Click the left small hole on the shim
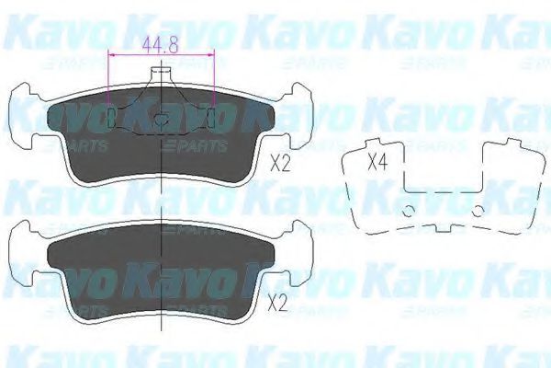(x=408, y=211)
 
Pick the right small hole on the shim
(x=478, y=211)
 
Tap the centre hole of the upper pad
(x=161, y=118)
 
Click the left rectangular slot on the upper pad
(x=112, y=118)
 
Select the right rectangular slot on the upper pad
(x=212, y=118)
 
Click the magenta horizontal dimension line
(x=161, y=54)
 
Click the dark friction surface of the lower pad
(x=161, y=271)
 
